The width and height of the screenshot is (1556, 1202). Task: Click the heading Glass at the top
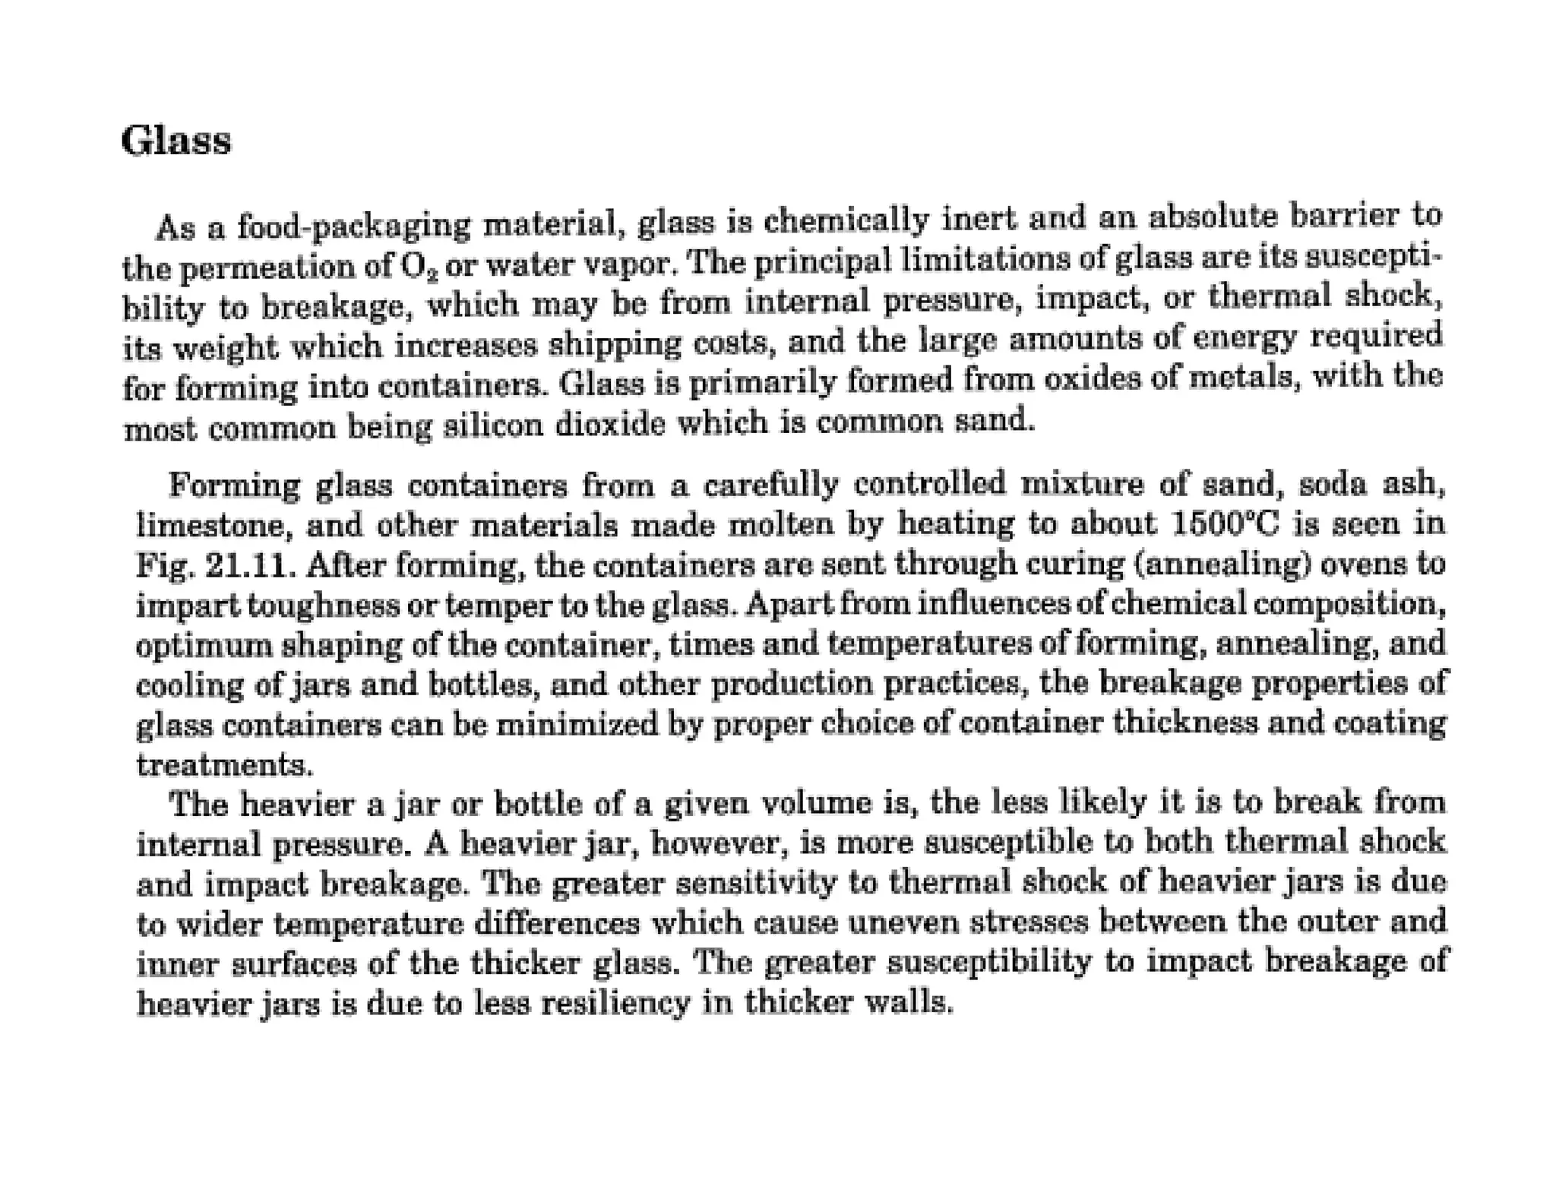[x=176, y=141]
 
